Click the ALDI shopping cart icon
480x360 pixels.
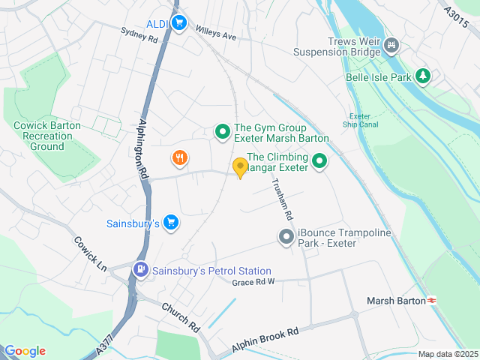178,24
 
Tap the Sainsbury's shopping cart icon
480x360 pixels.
171,222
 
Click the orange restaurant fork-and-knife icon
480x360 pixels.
178,157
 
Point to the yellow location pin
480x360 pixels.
241,167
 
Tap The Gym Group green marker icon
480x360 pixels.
222,133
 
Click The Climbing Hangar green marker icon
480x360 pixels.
319,161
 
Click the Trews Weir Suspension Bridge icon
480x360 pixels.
390,47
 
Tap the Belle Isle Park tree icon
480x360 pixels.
423,76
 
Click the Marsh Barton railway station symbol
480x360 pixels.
432,301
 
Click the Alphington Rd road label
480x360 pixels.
145,147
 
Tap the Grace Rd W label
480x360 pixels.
253,282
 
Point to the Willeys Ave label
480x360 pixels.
215,34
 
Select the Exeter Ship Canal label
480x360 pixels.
362,120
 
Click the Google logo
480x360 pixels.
25,351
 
